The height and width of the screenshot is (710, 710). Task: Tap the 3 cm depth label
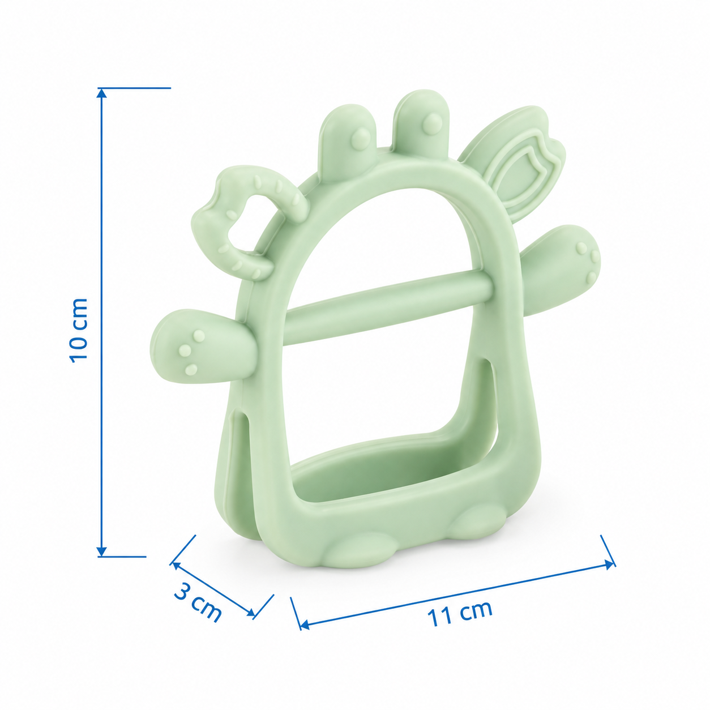(198, 601)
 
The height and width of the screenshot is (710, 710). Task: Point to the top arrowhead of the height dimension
(102, 93)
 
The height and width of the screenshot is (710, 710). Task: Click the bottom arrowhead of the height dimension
(102, 562)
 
